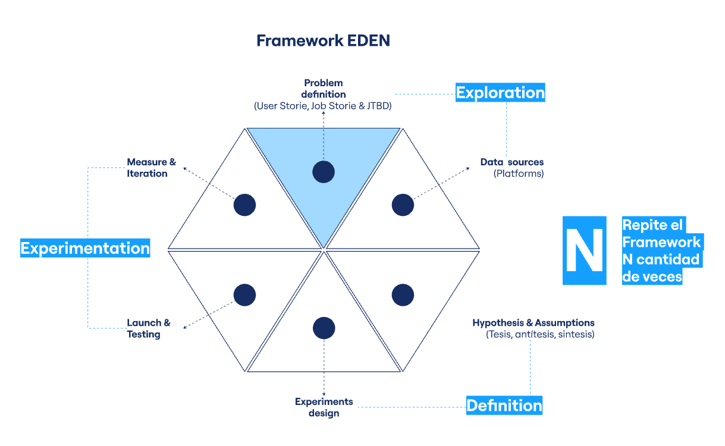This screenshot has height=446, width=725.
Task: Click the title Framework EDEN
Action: pyautogui.click(x=323, y=40)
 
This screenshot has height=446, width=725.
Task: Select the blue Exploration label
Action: pyautogui.click(x=500, y=93)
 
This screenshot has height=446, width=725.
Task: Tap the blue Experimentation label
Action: pyautogui.click(x=85, y=248)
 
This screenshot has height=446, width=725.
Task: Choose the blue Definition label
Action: pyautogui.click(x=504, y=406)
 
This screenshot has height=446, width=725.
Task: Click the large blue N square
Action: pyautogui.click(x=584, y=250)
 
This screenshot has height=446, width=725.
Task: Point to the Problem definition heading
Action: pyautogui.click(x=324, y=89)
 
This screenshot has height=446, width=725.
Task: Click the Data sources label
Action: pyautogui.click(x=512, y=162)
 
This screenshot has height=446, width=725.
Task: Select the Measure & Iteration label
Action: pyautogui.click(x=151, y=168)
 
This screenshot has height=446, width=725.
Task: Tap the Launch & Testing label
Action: pyautogui.click(x=148, y=328)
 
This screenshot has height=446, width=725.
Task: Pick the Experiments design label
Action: pyautogui.click(x=324, y=407)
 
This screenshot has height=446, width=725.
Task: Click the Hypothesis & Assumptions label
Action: pyautogui.click(x=533, y=323)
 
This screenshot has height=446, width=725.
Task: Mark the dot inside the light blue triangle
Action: pyautogui.click(x=324, y=172)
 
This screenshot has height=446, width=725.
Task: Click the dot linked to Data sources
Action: pyautogui.click(x=403, y=205)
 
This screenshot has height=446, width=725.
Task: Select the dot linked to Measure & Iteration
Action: pyautogui.click(x=244, y=205)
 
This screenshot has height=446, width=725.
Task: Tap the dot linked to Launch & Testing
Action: pyautogui.click(x=244, y=295)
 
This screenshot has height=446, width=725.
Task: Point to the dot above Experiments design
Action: pyautogui.click(x=324, y=328)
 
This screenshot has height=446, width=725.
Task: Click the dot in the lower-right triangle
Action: pyautogui.click(x=403, y=295)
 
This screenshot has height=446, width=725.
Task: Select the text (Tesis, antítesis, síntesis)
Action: pyautogui.click(x=540, y=335)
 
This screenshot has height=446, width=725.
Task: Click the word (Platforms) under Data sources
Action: pyautogui.click(x=519, y=174)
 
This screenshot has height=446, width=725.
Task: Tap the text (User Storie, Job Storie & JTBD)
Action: pyautogui.click(x=323, y=106)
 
